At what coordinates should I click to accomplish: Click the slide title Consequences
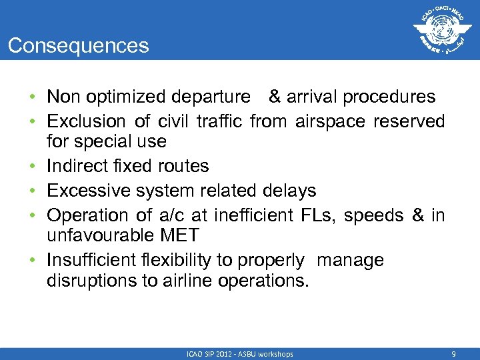pos(79,45)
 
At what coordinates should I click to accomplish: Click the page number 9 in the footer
pos(453,354)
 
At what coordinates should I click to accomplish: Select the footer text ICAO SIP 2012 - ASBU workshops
pos(240,354)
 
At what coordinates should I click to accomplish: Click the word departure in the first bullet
pos(210,97)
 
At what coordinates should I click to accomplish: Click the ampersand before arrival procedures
pos(275,97)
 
